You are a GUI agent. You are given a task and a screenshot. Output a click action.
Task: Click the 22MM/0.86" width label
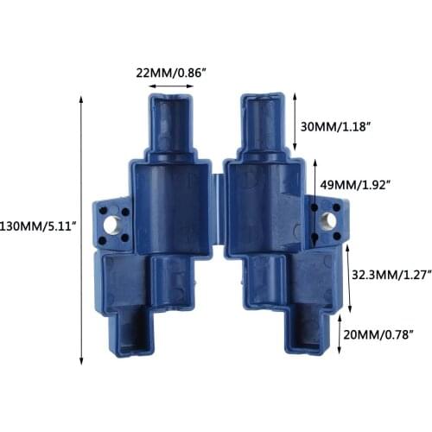pos(168,73)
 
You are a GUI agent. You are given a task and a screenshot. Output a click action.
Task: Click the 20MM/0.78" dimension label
pos(380,333)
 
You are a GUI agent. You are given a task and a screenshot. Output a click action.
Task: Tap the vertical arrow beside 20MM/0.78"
pos(340,333)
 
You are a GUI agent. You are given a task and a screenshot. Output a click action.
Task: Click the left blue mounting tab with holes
pos(111,223)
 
